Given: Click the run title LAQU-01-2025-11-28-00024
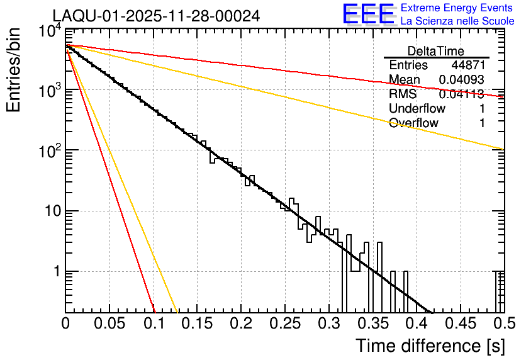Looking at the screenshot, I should coord(156,16).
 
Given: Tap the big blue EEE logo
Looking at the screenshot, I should coord(368,14).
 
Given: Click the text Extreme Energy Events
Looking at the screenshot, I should coord(457,8).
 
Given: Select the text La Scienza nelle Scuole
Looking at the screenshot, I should coord(457,21).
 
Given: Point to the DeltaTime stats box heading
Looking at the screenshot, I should coord(436,51).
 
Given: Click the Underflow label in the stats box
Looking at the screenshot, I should coord(417,109).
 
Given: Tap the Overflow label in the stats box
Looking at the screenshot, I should coord(413,123).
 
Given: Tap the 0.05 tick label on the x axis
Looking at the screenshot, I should coord(109,323).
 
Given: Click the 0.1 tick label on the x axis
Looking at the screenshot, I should coord(154,323).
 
